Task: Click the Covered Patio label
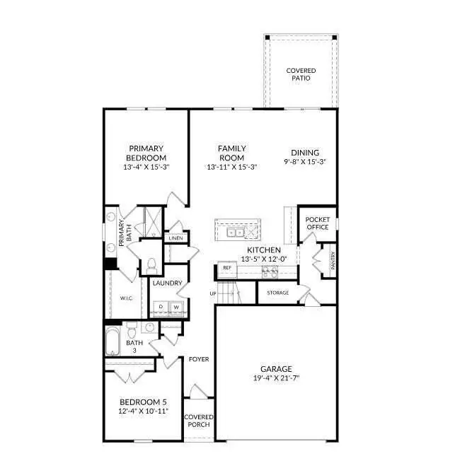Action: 301,74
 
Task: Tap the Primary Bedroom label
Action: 146,153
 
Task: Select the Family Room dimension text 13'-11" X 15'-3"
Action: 231,168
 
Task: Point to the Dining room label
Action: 305,152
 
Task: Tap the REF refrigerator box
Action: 227,268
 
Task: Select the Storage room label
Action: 277,292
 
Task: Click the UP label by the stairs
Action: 212,293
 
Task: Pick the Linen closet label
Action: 175,238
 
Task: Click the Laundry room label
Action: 168,283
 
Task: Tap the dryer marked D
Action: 161,307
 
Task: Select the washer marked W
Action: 176,307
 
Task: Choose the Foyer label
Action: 199,359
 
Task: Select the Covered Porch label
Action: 199,421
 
